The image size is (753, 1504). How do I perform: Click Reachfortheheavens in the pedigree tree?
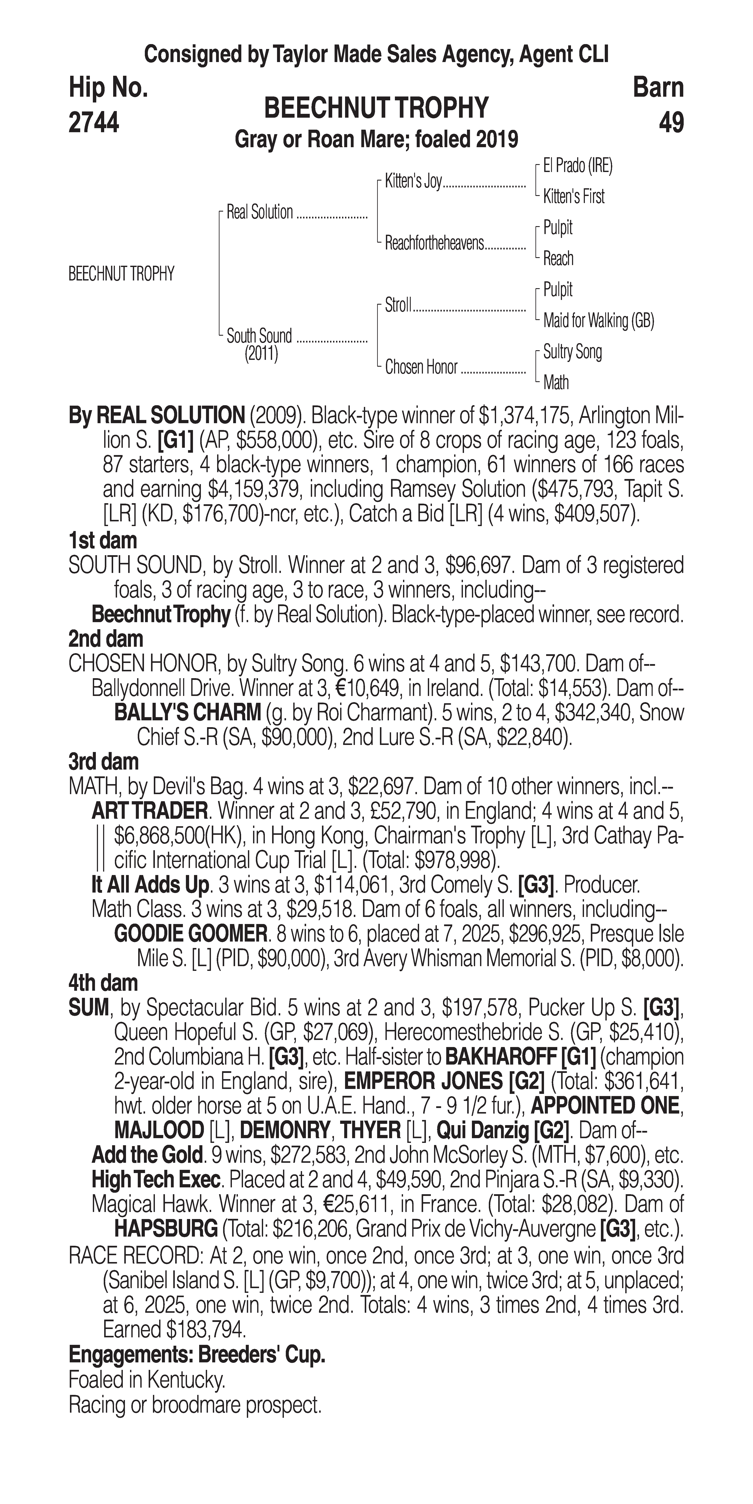(x=434, y=243)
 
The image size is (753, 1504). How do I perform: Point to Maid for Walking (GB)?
(x=598, y=320)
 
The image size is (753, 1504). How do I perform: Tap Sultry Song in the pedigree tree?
(x=572, y=352)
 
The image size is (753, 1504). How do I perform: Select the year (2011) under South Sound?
(x=261, y=354)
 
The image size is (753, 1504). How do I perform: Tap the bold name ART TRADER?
(x=150, y=811)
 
